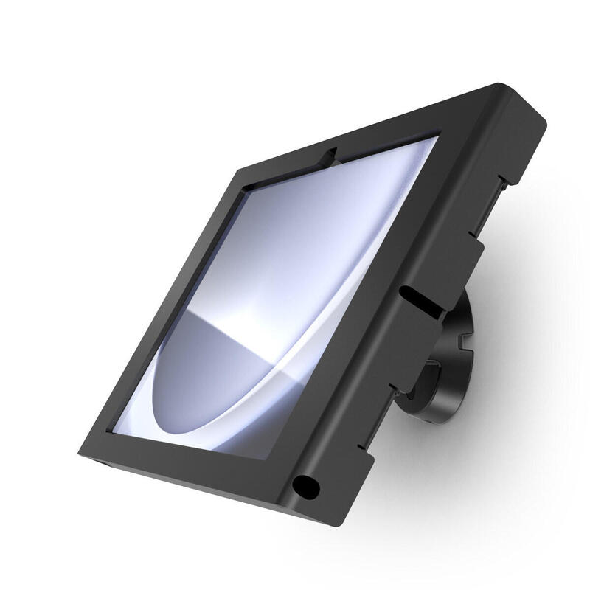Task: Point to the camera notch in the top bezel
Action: pos(330,155)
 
